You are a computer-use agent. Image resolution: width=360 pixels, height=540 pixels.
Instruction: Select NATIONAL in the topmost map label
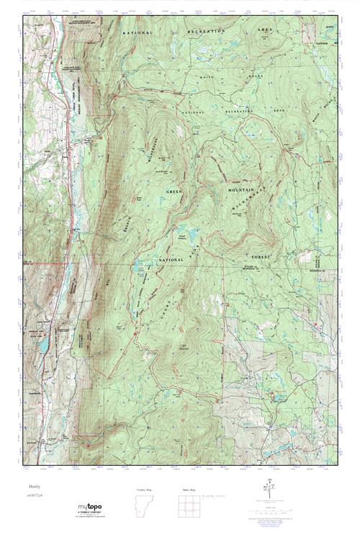[x=138, y=33]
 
